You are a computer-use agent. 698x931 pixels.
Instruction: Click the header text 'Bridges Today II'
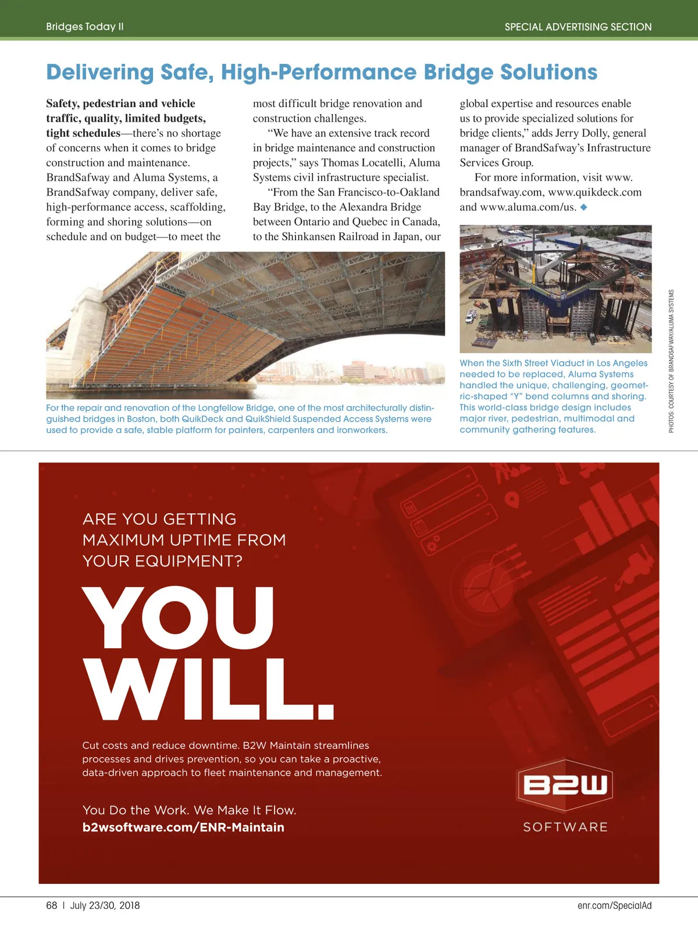click(85, 27)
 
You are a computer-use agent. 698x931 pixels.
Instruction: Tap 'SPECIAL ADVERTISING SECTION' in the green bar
click(578, 27)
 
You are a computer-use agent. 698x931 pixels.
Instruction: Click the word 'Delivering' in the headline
click(99, 72)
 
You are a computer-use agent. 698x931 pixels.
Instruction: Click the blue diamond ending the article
click(584, 207)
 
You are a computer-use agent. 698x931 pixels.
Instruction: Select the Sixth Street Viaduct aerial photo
click(555, 289)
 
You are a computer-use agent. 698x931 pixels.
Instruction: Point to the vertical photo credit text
click(671, 361)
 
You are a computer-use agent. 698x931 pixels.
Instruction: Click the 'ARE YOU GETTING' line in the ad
click(159, 519)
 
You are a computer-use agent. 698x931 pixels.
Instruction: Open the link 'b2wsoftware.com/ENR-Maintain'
click(183, 827)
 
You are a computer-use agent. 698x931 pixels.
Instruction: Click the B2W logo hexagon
click(565, 785)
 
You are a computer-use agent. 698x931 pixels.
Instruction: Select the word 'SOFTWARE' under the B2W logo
click(565, 827)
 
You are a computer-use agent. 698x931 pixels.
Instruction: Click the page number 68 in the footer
click(52, 905)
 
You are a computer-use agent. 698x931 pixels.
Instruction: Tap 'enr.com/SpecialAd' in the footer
click(614, 905)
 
